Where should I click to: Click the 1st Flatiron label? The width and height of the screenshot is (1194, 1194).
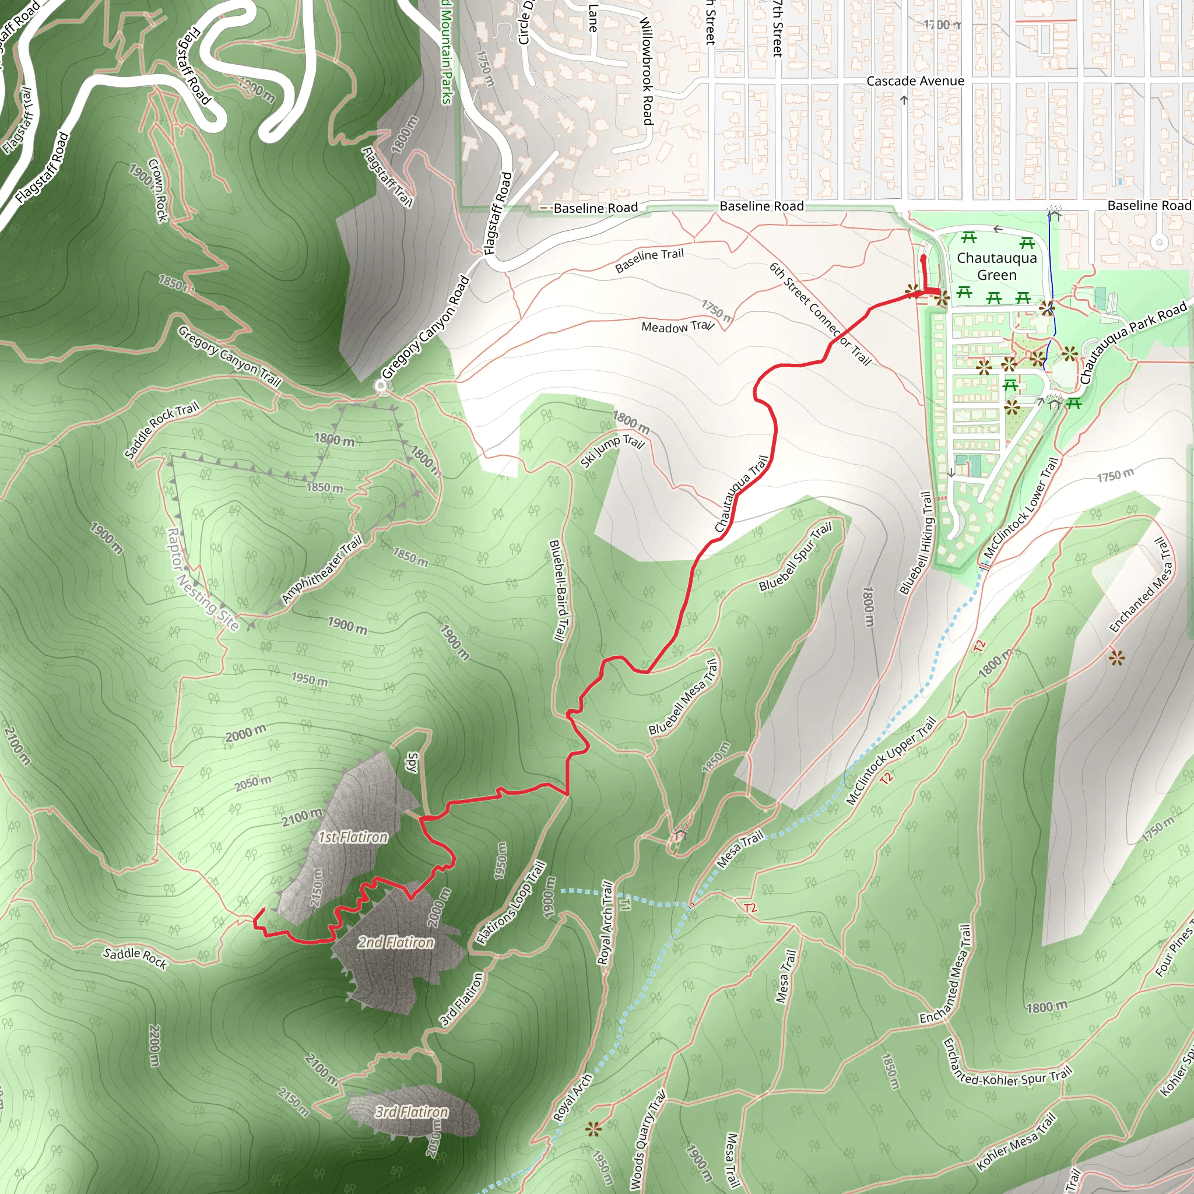click(x=353, y=837)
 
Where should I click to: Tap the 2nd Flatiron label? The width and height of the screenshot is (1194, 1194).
click(x=395, y=943)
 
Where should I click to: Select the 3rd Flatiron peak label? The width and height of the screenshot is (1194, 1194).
click(x=412, y=1112)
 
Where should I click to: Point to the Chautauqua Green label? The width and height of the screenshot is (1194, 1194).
click(x=996, y=266)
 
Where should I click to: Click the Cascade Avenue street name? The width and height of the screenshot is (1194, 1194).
click(x=915, y=81)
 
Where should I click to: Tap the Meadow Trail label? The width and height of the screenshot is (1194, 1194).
click(x=677, y=326)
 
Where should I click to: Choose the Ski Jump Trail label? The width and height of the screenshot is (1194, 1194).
click(x=613, y=451)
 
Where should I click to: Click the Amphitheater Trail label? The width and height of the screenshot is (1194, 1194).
click(x=322, y=570)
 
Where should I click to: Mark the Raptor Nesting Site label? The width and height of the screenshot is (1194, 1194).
click(x=203, y=578)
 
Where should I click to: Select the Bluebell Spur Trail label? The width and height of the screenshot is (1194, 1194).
click(x=795, y=556)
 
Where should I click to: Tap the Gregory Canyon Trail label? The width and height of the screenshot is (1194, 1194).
click(x=229, y=357)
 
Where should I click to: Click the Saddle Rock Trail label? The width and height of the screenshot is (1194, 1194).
click(x=162, y=430)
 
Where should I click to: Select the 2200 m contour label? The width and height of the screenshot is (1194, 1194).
click(x=154, y=1045)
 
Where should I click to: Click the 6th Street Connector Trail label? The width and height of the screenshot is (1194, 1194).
click(x=820, y=314)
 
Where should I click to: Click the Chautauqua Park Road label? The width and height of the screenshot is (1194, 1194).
click(x=1133, y=341)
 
